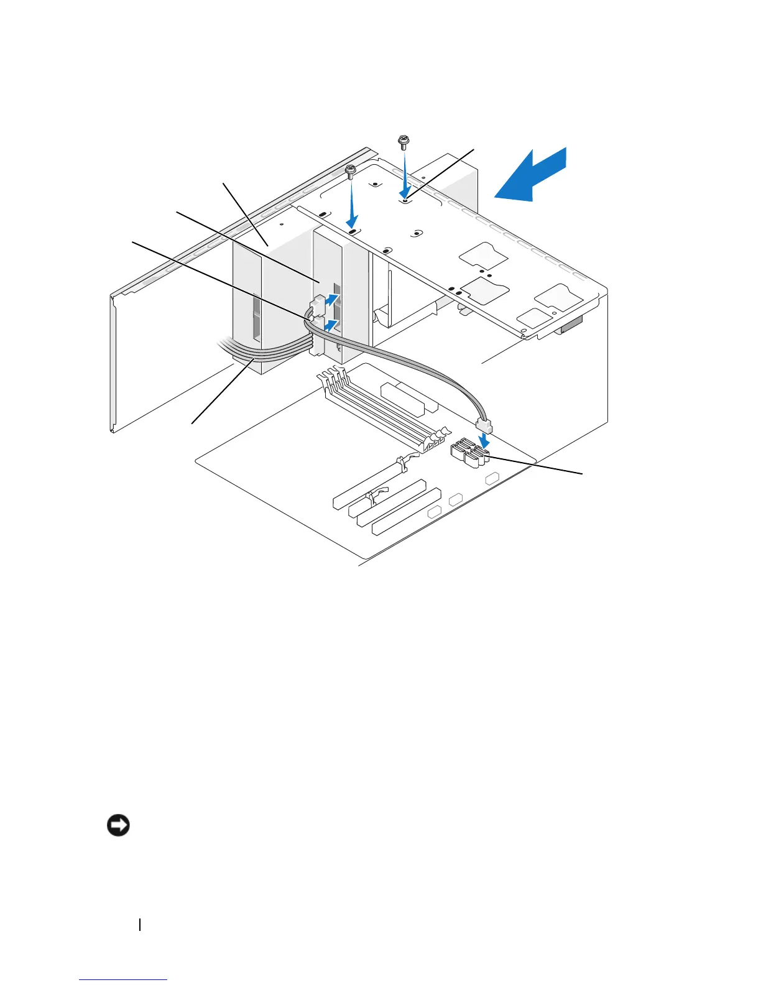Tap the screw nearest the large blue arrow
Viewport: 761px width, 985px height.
[403, 142]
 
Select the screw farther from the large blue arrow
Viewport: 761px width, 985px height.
[351, 170]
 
